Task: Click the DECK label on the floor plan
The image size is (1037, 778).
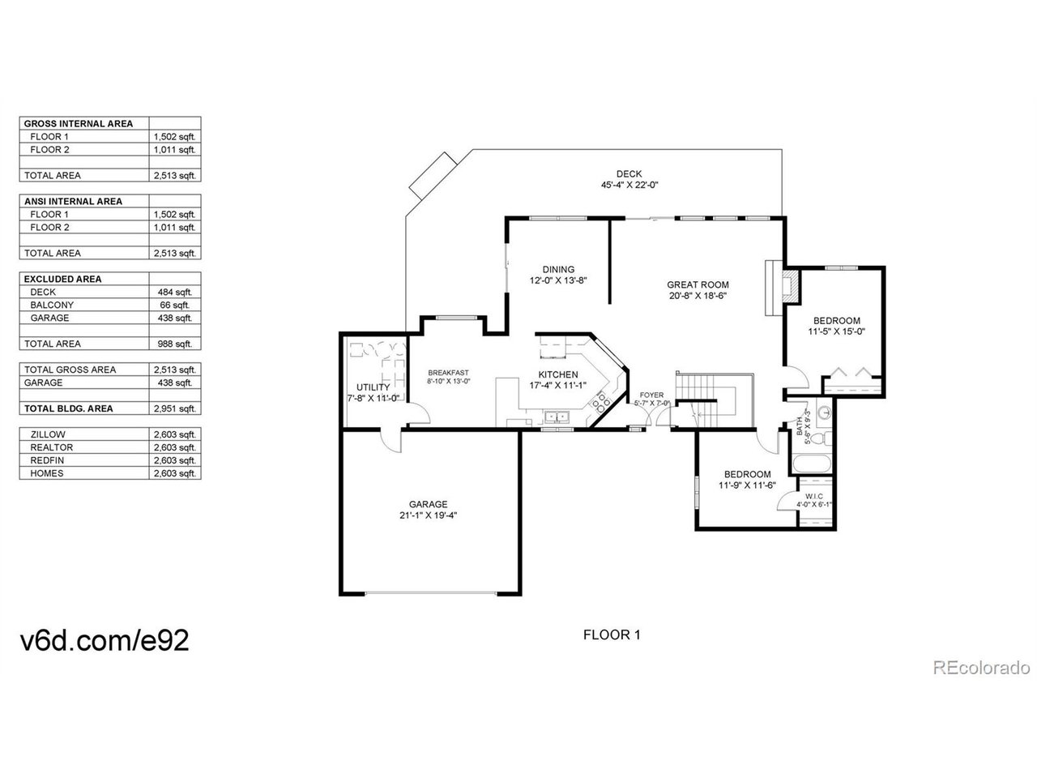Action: click(x=629, y=173)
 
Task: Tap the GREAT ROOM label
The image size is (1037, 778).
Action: click(x=698, y=284)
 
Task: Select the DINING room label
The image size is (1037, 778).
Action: click(x=558, y=269)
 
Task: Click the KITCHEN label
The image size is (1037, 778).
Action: click(x=558, y=374)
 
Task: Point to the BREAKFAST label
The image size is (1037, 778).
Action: click(x=448, y=373)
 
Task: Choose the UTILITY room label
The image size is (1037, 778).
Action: click(x=373, y=387)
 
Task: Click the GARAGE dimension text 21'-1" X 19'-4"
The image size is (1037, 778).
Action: click(x=428, y=515)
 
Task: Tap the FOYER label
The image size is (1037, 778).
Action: click(x=651, y=395)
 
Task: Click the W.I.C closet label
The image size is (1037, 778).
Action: click(x=814, y=497)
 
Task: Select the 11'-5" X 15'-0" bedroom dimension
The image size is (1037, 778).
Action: click(x=836, y=331)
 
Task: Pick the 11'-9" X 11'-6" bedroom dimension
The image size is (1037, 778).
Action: click(x=748, y=485)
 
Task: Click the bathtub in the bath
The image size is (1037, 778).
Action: click(x=812, y=464)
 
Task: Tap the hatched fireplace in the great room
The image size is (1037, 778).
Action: click(x=790, y=287)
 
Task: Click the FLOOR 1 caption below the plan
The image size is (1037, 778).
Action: click(x=612, y=635)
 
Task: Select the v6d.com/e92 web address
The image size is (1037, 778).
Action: click(x=105, y=640)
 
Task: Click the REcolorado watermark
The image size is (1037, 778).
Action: click(x=981, y=668)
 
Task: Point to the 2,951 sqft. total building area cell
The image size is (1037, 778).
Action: click(x=175, y=408)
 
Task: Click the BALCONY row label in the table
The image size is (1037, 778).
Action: click(x=52, y=306)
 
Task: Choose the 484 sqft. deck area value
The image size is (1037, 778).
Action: click(x=175, y=292)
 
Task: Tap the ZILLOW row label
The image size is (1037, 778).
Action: click(x=48, y=434)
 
